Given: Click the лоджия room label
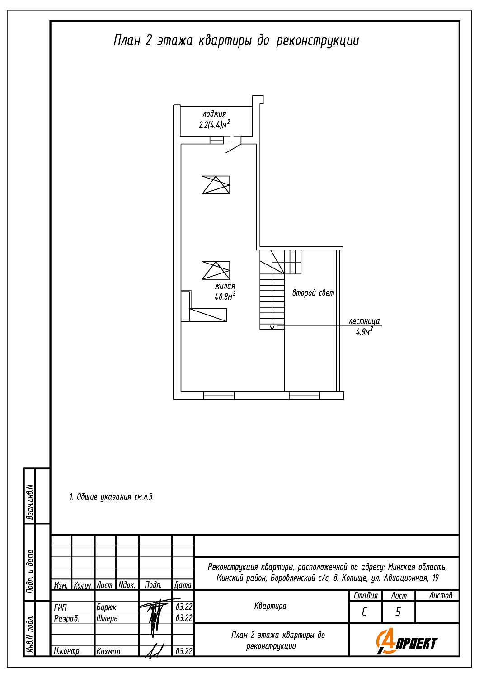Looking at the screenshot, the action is [x=214, y=114].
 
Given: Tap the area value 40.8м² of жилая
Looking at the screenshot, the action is [x=225, y=297].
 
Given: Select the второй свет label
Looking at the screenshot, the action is [x=313, y=293].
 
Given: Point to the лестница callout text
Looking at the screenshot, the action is [x=364, y=321].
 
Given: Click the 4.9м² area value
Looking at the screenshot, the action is [x=364, y=332].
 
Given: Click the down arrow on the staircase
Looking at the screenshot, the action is [x=272, y=327].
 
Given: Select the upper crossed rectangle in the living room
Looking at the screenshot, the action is [x=216, y=184].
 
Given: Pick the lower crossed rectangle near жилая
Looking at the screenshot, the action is [x=216, y=270].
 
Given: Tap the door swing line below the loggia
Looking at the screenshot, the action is [x=233, y=149].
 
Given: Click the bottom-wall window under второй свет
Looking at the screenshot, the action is [x=304, y=395].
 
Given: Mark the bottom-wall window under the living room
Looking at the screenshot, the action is [x=219, y=395].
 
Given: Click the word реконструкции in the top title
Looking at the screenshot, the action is [x=317, y=41].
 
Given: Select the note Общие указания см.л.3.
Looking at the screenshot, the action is [x=112, y=497].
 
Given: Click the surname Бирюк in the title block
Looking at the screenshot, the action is [x=106, y=607].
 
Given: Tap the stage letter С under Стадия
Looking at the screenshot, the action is [x=364, y=612].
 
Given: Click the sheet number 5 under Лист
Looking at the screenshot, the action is [x=398, y=612].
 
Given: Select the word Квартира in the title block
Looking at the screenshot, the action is [x=270, y=606].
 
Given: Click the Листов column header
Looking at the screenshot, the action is [x=441, y=595].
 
